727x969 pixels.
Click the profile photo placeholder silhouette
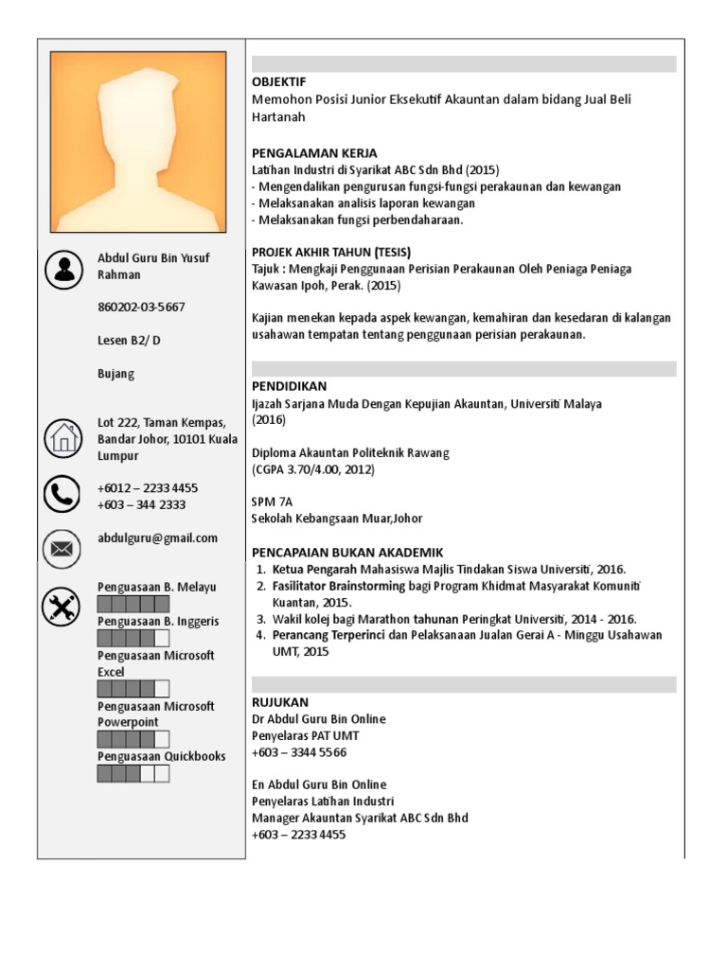[x=138, y=142]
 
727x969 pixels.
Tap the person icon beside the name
[x=63, y=270]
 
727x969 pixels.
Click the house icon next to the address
[x=63, y=438]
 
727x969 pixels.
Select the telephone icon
[x=63, y=494]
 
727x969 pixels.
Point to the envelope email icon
[x=63, y=547]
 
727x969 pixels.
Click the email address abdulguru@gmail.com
[x=157, y=538]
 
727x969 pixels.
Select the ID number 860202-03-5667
[x=141, y=308]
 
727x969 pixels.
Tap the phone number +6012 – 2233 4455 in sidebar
[x=148, y=488]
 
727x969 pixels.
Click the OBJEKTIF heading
[x=279, y=82]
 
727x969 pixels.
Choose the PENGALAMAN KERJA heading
[x=314, y=153]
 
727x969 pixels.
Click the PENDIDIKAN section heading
[x=289, y=387]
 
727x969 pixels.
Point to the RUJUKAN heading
[x=279, y=702]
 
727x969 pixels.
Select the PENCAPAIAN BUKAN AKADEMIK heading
[x=346, y=553]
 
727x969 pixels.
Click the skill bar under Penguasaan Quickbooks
[x=133, y=774]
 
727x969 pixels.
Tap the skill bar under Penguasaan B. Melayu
[x=133, y=604]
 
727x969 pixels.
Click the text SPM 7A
[x=273, y=502]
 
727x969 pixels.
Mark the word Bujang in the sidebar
[x=116, y=374]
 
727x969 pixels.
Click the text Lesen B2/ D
[x=130, y=341]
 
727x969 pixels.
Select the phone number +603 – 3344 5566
[x=299, y=752]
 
